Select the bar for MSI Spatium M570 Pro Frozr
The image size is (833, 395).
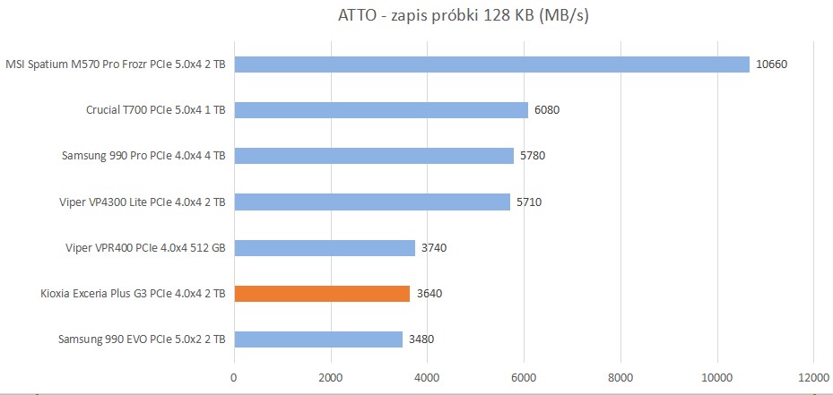tap(491, 64)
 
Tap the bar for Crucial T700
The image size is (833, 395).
tap(381, 110)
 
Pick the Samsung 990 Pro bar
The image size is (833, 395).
tap(374, 156)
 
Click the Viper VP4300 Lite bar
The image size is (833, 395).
tap(372, 202)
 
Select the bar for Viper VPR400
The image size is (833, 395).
tap(325, 247)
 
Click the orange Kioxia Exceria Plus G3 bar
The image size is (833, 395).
tap(322, 293)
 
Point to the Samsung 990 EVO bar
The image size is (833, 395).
tap(318, 339)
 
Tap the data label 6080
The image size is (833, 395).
tap(547, 110)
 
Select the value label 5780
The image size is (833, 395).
tap(533, 156)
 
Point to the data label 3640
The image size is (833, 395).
tap(429, 293)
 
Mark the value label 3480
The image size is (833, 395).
tap(421, 339)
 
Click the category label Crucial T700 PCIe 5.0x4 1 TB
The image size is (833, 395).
tap(155, 110)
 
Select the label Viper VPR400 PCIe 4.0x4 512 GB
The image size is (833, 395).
tap(145, 247)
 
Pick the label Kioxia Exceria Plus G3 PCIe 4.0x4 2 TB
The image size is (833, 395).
tap(133, 293)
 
